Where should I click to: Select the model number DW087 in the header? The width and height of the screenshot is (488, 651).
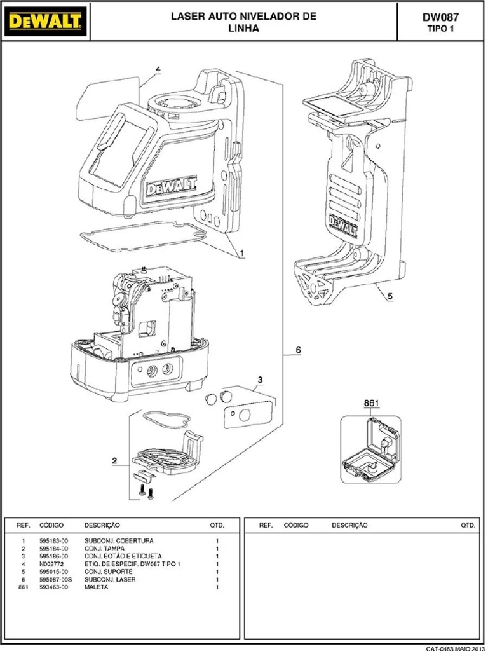(440, 18)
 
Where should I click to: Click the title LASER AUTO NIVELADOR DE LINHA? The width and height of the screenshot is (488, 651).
(243, 22)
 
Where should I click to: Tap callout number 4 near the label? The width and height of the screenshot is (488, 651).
(158, 69)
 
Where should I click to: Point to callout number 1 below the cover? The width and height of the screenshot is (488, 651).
(242, 253)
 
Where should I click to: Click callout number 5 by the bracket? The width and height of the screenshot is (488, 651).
(390, 296)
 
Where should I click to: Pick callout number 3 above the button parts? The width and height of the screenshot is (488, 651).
(259, 381)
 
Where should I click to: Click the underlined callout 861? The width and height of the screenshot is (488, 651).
(371, 403)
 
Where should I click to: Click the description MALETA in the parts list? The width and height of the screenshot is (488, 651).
(97, 587)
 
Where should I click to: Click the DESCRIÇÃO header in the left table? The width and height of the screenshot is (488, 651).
(102, 526)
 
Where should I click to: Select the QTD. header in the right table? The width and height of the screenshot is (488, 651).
(468, 526)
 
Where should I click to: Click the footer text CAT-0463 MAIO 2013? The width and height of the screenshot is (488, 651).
(455, 648)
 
